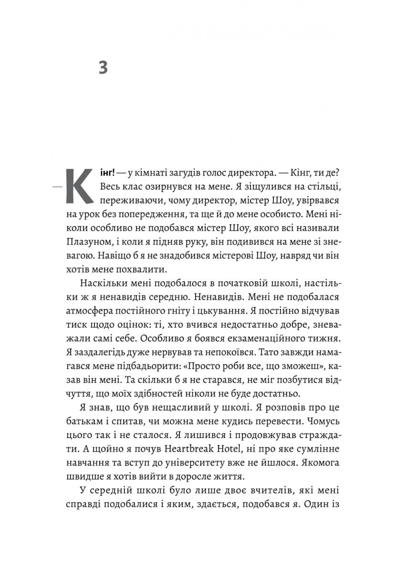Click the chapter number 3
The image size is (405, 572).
[103, 68]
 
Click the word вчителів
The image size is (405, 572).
[251, 490]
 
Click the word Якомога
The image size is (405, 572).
[319, 463]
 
